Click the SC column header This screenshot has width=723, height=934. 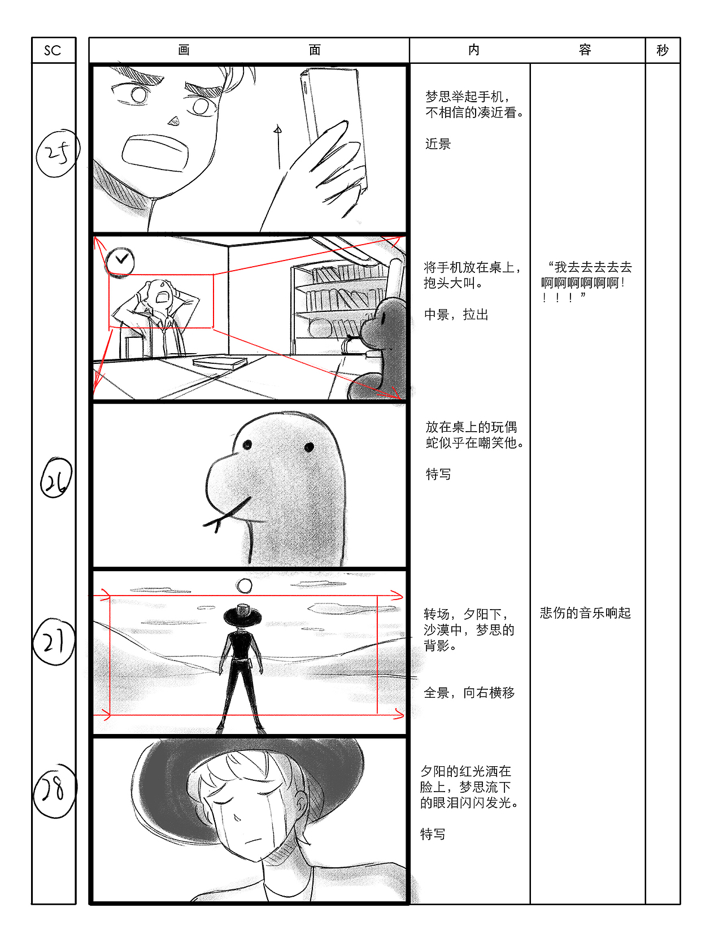pyautogui.click(x=53, y=50)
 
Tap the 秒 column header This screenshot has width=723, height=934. pyautogui.click(x=662, y=50)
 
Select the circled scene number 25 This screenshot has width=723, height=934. pyautogui.click(x=57, y=153)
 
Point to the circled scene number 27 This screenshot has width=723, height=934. pyautogui.click(x=54, y=642)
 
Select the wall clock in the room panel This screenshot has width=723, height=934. pyautogui.click(x=120, y=261)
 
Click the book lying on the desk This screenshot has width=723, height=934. pyautogui.click(x=219, y=362)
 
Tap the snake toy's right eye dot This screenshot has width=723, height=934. pyautogui.click(x=309, y=448)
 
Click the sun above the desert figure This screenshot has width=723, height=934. pyautogui.click(x=245, y=586)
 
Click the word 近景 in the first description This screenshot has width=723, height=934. pyautogui.click(x=438, y=144)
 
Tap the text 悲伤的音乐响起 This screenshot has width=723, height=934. pyautogui.click(x=585, y=613)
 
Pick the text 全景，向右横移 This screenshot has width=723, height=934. pyautogui.click(x=469, y=693)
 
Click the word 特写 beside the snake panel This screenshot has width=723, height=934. pyautogui.click(x=438, y=474)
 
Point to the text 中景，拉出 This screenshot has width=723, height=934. pyautogui.click(x=456, y=315)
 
